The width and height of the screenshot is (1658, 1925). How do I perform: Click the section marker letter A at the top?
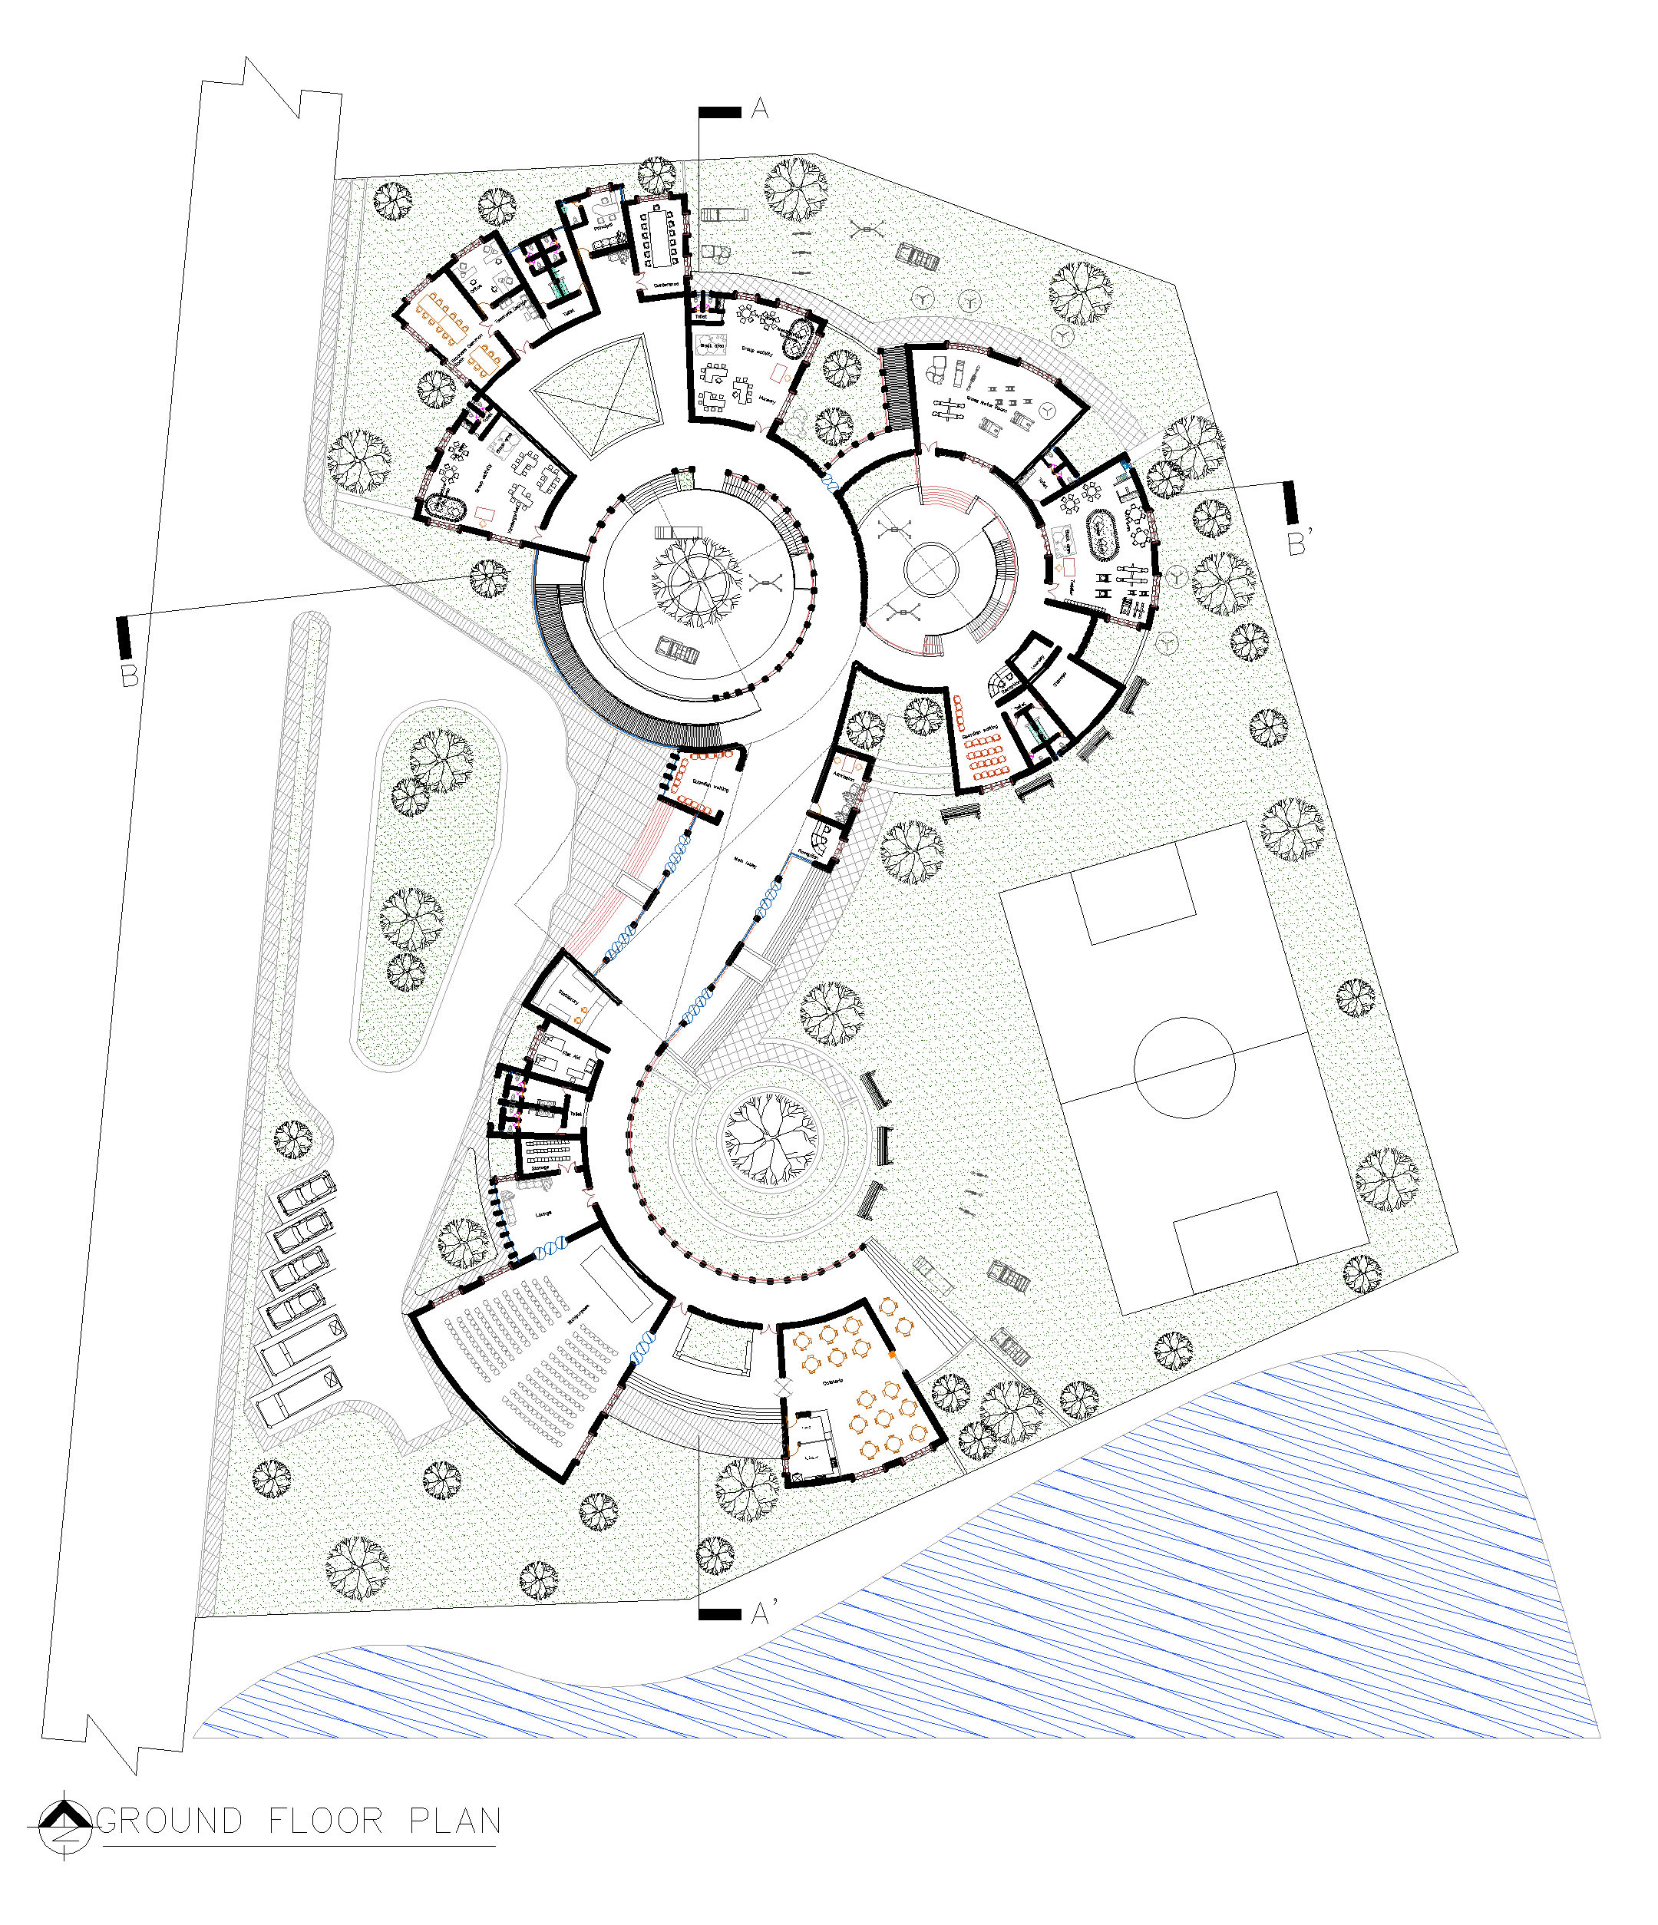point(759,110)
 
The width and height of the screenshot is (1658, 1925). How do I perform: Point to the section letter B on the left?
point(129,675)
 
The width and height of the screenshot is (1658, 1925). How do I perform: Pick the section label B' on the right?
point(1297,543)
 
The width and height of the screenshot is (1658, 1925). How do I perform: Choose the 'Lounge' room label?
point(543,1213)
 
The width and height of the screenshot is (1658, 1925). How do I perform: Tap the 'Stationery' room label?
point(569,998)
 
